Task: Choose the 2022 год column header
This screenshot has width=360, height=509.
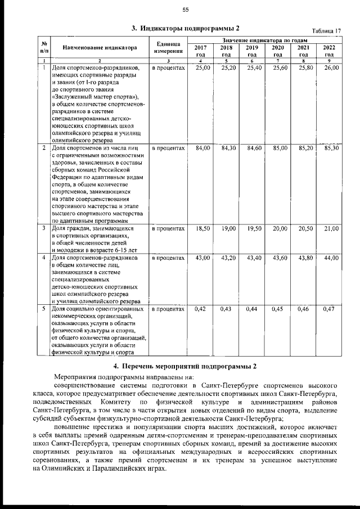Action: [x=330, y=51]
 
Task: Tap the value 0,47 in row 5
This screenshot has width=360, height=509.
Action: [x=329, y=309]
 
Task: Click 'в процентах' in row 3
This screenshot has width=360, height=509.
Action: [x=168, y=229]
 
